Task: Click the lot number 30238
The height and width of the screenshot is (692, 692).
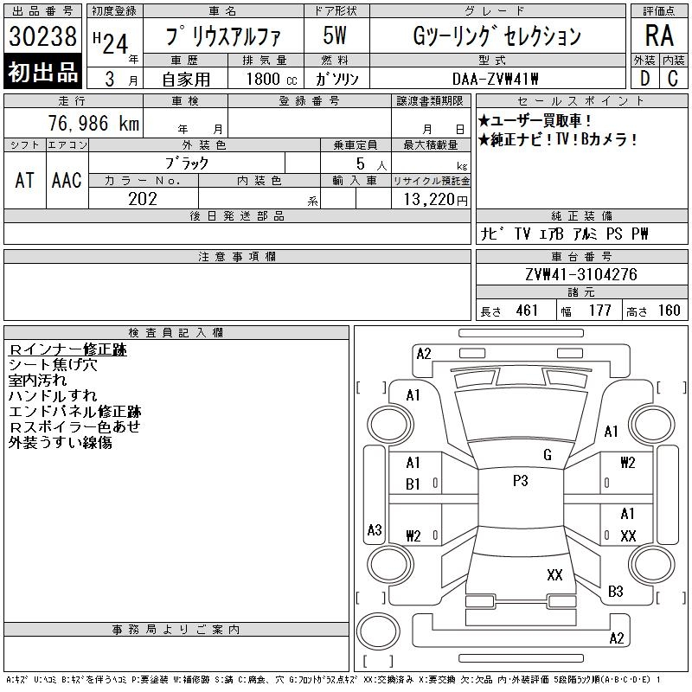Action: pyautogui.click(x=42, y=35)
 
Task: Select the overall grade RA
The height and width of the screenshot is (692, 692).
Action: pyautogui.click(x=659, y=35)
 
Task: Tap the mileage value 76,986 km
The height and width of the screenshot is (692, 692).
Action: pyautogui.click(x=93, y=123)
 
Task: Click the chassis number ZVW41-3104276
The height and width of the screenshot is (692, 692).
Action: pyautogui.click(x=581, y=274)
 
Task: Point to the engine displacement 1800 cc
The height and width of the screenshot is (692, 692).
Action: pyautogui.click(x=272, y=79)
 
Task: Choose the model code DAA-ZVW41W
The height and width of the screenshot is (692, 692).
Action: pyautogui.click(x=495, y=79)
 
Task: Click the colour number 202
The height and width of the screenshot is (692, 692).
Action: pyautogui.click(x=143, y=199)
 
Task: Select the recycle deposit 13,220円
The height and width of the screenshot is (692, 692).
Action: pyautogui.click(x=435, y=200)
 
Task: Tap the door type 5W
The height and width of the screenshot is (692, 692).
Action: pyautogui.click(x=335, y=35)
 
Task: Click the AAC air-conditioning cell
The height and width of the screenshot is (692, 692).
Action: pyautogui.click(x=67, y=180)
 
